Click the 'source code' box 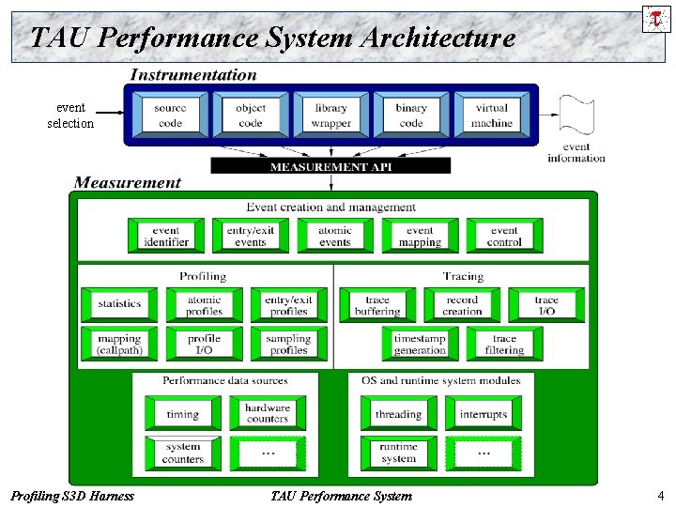pos(170,115)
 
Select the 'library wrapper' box pos(330,115)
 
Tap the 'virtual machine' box pos(491,115)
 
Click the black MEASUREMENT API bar pos(330,166)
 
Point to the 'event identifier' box pos(166,236)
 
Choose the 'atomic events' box pos(335,236)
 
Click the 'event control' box pos(504,236)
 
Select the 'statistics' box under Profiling pos(119,304)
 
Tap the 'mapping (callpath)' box pos(119,344)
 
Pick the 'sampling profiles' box pos(288,344)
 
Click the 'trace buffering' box pos(377,305)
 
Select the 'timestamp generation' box pos(420,344)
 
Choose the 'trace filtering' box pos(504,344)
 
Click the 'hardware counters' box pos(267,413)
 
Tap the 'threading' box pos(398,414)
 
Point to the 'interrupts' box pos(484,414)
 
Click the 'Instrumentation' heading pos(193,75)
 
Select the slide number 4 pos(661,495)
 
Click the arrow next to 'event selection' pos(111,115)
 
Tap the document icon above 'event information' pos(576,115)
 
